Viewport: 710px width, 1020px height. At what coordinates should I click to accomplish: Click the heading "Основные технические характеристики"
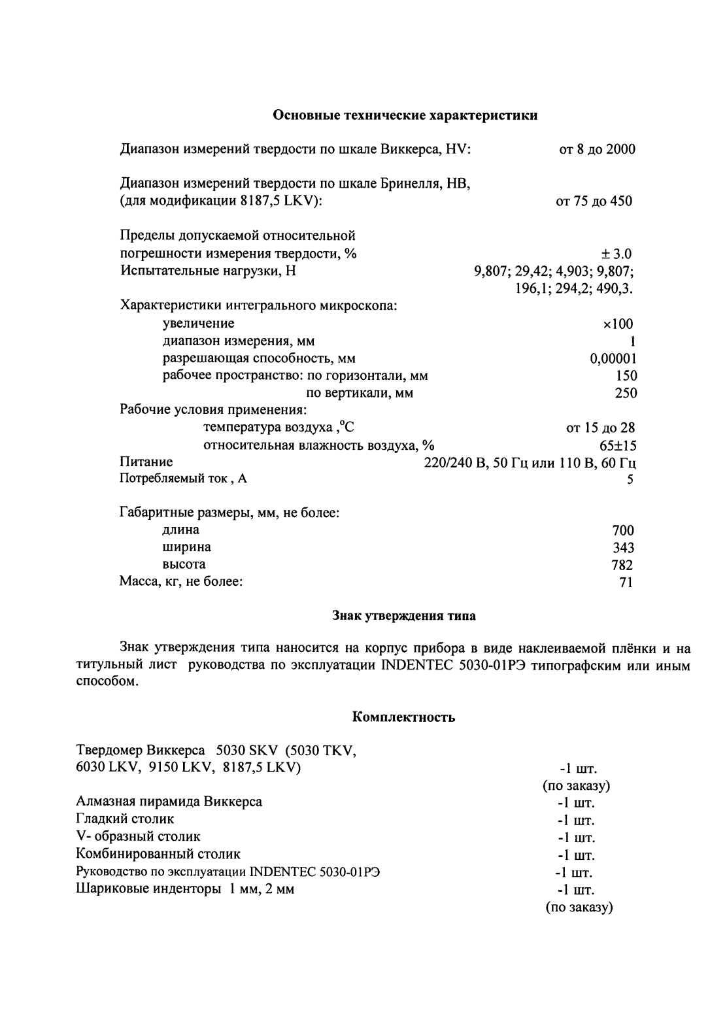(x=405, y=116)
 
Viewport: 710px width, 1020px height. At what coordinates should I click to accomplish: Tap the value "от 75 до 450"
(x=594, y=201)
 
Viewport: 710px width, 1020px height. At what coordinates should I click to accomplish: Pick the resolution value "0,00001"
(x=613, y=358)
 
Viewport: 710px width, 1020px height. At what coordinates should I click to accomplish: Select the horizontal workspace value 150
(x=626, y=376)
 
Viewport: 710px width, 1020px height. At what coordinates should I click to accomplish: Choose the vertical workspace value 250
(x=626, y=393)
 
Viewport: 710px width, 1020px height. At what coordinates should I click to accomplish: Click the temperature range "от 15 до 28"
(x=600, y=428)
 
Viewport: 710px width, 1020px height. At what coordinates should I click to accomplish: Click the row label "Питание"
(x=146, y=462)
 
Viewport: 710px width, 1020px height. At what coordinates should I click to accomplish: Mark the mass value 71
(x=626, y=582)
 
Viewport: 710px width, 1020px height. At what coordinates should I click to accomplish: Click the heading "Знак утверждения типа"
(x=404, y=616)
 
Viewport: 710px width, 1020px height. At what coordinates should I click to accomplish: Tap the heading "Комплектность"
(x=403, y=717)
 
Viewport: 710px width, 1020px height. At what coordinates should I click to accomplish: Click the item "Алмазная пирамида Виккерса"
(x=169, y=802)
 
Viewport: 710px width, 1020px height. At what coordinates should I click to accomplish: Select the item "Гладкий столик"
(x=125, y=819)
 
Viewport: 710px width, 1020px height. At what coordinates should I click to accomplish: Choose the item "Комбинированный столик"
(x=158, y=854)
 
